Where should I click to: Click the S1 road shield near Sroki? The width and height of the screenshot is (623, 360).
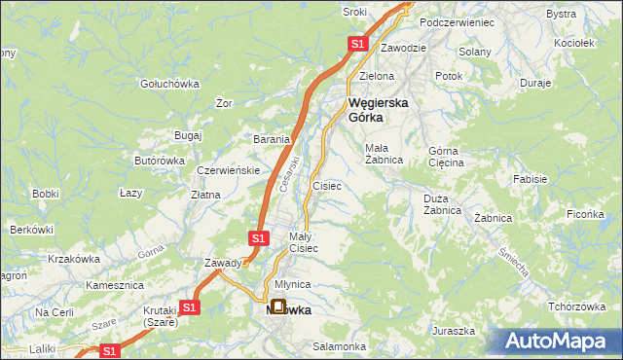pos(357,44)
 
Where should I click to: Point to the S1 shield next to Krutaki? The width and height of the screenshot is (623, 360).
pos(189,307)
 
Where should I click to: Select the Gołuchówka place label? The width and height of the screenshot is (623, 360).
pos(169,84)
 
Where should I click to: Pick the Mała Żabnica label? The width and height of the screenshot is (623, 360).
pos(383,155)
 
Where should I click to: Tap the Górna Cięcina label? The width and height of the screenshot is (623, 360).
pos(447,157)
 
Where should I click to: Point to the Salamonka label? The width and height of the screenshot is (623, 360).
pos(339,346)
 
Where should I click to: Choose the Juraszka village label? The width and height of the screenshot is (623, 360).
pos(454,331)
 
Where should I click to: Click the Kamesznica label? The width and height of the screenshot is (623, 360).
pos(115,286)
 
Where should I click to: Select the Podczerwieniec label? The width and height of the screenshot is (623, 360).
pos(457,21)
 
